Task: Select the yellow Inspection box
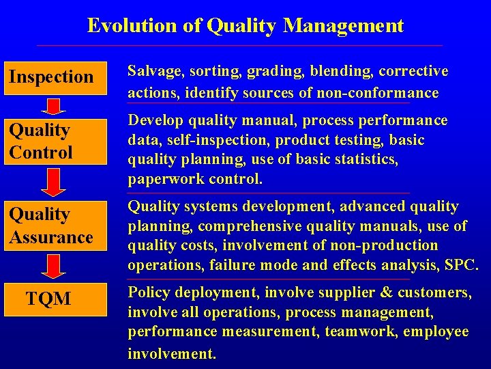tap(56, 77)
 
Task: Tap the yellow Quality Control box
tap(56, 141)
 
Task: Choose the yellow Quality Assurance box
tap(56, 226)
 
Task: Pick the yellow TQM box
tap(56, 299)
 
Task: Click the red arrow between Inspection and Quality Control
tap(53, 105)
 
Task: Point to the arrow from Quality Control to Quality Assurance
tap(53, 182)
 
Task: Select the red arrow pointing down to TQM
tap(53, 265)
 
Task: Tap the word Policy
tap(148, 293)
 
